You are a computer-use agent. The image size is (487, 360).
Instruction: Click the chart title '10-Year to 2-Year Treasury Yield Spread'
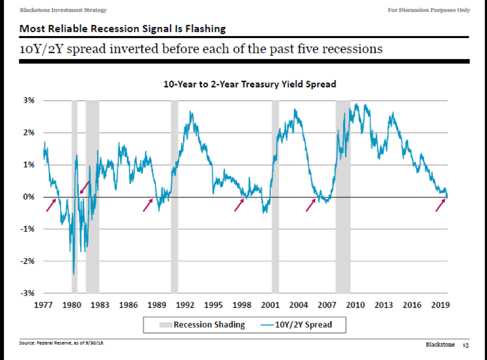pyautogui.click(x=249, y=84)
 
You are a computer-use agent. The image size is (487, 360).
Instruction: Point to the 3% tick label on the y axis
pyautogui.click(x=28, y=100)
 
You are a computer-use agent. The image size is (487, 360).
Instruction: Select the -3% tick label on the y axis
pyautogui.click(x=27, y=293)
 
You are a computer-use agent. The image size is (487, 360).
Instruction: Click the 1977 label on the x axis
pyautogui.click(x=44, y=305)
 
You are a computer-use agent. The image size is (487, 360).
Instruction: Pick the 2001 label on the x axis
pyautogui.click(x=270, y=305)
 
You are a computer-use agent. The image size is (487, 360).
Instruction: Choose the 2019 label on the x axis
pyautogui.click(x=440, y=305)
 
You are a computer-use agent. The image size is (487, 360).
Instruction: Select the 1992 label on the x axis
pyautogui.click(x=185, y=305)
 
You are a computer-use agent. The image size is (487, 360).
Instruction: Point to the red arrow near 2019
pyautogui.click(x=440, y=205)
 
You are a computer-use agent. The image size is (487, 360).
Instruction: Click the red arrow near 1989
pyautogui.click(x=147, y=205)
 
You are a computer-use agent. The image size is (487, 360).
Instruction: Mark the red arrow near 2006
pyautogui.click(x=311, y=205)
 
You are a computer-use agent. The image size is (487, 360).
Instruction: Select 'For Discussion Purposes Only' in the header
pyautogui.click(x=429, y=10)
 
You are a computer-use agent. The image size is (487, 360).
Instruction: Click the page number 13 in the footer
pyautogui.click(x=465, y=345)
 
